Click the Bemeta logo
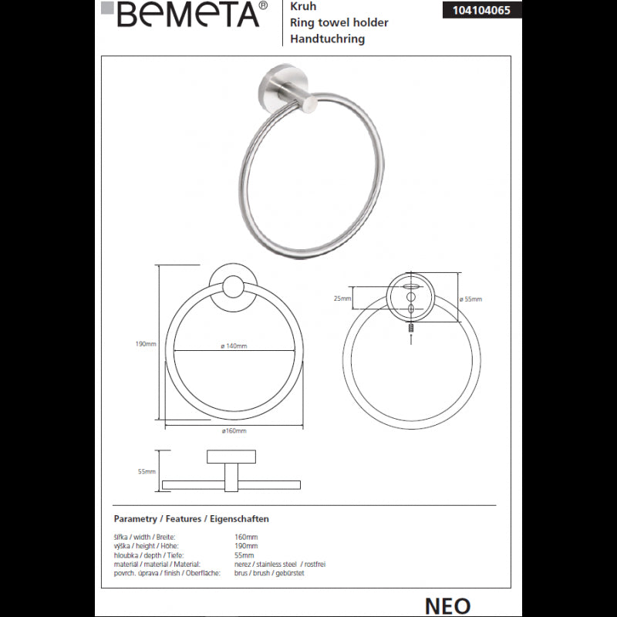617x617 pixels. click(x=184, y=14)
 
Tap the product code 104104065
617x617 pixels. click(x=481, y=10)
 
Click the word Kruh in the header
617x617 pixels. click(x=303, y=6)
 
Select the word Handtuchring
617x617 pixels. click(x=327, y=39)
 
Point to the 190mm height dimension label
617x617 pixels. click(x=146, y=344)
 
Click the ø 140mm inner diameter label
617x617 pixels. click(x=234, y=346)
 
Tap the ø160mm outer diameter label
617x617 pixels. click(x=234, y=431)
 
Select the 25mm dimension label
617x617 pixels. click(x=342, y=298)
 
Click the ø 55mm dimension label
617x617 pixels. click(x=470, y=299)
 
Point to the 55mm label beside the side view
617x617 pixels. click(x=147, y=471)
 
